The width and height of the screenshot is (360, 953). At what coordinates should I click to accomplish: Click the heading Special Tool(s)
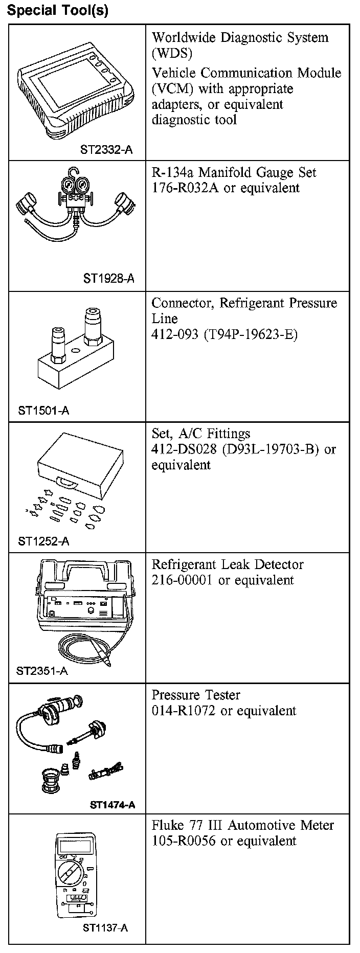tap(58, 11)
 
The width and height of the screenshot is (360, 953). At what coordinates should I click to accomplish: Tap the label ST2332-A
tap(106, 150)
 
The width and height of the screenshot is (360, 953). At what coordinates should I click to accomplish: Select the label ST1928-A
tap(109, 279)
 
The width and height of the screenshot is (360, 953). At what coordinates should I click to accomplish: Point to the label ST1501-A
tap(43, 410)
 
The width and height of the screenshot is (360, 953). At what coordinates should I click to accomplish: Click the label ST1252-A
tap(43, 541)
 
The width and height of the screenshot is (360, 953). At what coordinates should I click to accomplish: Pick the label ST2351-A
tap(42, 671)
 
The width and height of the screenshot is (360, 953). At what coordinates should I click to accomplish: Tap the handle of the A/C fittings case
tap(67, 482)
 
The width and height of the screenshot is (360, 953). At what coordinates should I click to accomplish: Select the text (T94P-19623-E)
tap(250, 334)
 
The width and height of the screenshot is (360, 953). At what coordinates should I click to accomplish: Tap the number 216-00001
tap(182, 580)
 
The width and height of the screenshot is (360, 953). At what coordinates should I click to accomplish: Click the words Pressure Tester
tap(196, 695)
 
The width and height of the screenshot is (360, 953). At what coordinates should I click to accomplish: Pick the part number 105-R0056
tap(184, 841)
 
